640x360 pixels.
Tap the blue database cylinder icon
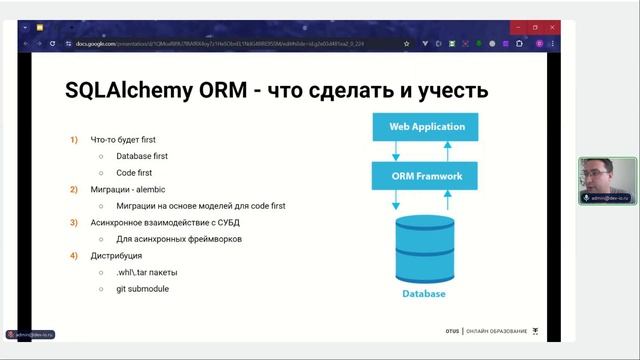[424, 249]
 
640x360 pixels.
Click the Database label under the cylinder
[424, 294]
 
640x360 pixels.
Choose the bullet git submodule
[142, 289]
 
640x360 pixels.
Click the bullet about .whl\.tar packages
[148, 272]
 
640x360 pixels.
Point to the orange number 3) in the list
[74, 222]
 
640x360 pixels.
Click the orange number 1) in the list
[74, 139]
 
